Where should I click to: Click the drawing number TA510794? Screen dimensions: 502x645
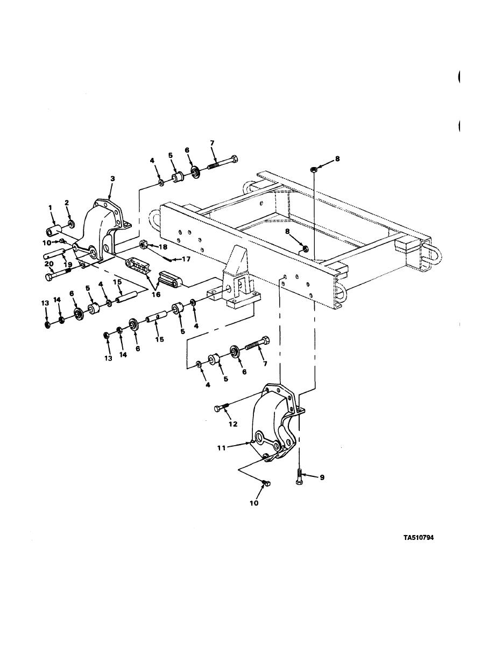(418, 538)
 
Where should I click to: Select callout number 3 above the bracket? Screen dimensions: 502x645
(112, 178)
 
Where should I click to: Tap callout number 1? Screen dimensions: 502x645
(51, 208)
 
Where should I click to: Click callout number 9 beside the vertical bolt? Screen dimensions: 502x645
(322, 477)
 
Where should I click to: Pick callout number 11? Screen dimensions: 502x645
(222, 448)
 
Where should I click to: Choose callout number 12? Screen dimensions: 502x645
(233, 424)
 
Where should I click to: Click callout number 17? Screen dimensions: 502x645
(187, 260)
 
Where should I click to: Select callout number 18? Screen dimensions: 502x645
(164, 247)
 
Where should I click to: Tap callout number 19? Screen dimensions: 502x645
(68, 265)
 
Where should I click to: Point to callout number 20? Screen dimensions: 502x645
(49, 264)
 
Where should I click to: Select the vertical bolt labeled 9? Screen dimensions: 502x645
(300, 477)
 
